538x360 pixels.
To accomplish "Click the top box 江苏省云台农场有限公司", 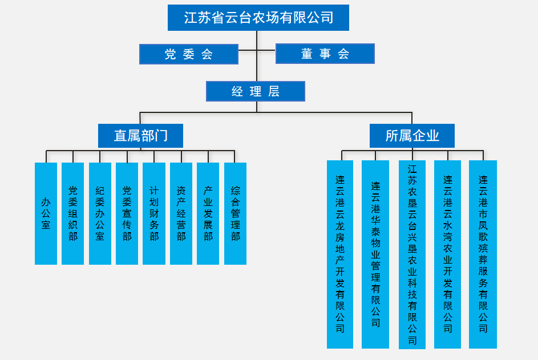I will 258,18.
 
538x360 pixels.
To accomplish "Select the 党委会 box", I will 188,54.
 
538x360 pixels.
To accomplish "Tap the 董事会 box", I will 325,54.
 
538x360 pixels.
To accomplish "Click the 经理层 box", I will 255,91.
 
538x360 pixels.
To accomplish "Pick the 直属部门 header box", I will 140,136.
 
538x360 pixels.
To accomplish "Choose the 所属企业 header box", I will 412,136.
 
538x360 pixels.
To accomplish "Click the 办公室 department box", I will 46,213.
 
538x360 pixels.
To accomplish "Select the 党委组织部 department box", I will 72,213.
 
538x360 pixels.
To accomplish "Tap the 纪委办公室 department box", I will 100,213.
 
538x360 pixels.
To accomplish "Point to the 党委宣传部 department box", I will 127,213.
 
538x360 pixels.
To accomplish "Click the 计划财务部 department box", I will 153,213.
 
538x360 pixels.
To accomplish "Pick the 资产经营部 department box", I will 181,213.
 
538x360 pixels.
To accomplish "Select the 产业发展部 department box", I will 208,213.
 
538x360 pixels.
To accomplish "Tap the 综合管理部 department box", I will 235,213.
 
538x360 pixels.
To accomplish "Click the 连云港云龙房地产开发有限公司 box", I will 340,254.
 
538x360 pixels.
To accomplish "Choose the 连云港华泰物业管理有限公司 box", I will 375,254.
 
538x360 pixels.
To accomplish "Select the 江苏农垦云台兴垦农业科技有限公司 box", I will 412,254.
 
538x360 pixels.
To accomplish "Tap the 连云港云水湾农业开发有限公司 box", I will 447,254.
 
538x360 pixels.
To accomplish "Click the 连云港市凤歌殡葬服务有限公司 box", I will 483,254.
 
